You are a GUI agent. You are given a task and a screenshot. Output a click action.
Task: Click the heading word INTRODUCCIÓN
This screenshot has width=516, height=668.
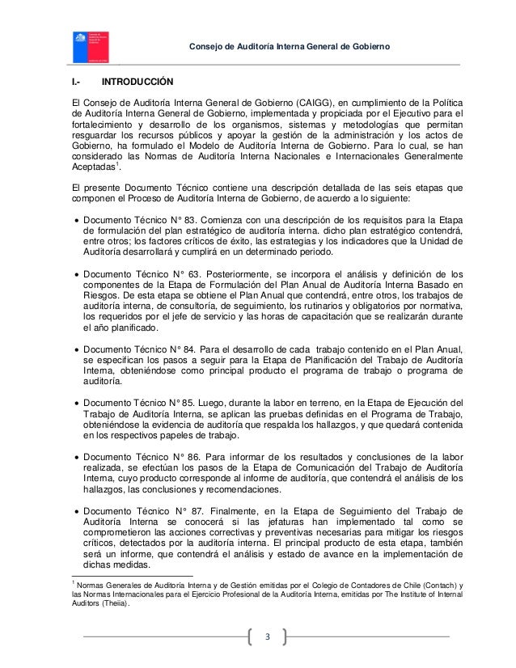pyautogui.click(x=137, y=82)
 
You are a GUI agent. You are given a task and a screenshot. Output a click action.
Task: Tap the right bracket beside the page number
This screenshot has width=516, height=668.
pyautogui.click(x=285, y=637)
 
